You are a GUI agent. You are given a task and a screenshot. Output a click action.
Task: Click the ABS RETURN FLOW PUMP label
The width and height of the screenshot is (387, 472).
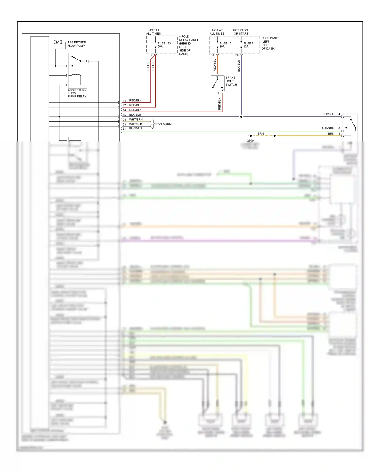(77, 44)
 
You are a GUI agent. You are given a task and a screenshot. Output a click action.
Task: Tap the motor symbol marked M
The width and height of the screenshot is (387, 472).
(58, 42)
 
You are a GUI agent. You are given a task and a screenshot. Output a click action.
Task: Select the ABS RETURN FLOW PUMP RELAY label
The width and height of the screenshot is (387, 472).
(77, 93)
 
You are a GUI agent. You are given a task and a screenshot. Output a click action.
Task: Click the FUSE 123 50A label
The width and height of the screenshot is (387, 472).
(164, 45)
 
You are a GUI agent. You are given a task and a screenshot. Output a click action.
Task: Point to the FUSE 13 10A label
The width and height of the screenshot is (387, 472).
(225, 45)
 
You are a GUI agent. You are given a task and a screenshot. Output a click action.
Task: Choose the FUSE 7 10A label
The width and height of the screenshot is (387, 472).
(248, 45)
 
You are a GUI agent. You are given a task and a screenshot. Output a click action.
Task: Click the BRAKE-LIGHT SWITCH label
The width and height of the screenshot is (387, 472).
(231, 81)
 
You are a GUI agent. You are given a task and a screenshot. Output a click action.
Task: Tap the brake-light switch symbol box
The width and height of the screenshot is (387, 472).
(217, 83)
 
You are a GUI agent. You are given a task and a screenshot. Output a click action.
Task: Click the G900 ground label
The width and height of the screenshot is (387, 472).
(250, 141)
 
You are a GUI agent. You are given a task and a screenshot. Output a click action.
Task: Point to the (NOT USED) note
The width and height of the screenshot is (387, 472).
(164, 124)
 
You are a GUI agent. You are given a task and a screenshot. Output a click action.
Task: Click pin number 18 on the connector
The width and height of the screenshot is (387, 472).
(124, 101)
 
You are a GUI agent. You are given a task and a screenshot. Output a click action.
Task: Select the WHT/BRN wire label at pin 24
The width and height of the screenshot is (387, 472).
(136, 120)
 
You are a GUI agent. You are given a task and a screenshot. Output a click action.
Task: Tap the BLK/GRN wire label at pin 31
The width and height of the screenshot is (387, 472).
(135, 128)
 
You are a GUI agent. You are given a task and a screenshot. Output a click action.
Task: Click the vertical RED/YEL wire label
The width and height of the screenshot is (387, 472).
(215, 65)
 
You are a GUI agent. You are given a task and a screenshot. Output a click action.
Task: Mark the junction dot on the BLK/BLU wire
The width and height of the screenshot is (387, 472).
(241, 117)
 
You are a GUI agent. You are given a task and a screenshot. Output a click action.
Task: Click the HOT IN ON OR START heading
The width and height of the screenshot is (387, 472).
(241, 32)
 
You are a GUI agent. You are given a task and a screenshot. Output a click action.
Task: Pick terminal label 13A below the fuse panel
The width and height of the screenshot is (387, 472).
(212, 55)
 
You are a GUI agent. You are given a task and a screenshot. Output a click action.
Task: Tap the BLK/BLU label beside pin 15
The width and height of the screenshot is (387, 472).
(135, 115)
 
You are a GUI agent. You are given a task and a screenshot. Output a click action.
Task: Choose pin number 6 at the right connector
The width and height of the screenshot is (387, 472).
(339, 128)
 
